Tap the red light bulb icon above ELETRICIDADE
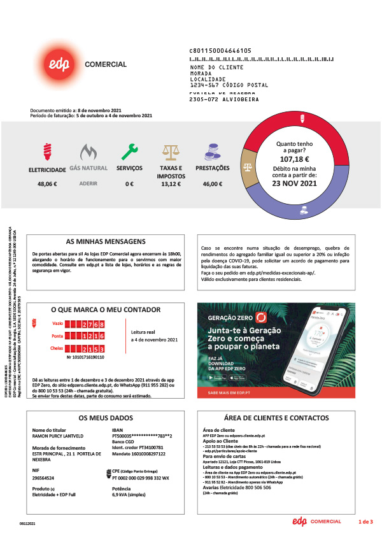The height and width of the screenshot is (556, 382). click(46, 152)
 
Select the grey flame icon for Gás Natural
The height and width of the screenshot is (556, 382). click(88, 152)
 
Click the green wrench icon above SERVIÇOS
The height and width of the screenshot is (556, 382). click(129, 151)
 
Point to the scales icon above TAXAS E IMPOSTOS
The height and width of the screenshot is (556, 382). click(171, 152)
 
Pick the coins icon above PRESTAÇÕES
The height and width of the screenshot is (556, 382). click(212, 152)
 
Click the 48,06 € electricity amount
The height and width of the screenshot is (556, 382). click(47, 184)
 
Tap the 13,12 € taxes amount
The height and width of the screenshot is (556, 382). click(171, 184)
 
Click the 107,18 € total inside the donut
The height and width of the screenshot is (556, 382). click(294, 159)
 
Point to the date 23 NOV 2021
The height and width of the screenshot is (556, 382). click(294, 183)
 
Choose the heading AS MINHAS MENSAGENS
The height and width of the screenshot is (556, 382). click(106, 242)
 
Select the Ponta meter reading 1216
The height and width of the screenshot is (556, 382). click(92, 336)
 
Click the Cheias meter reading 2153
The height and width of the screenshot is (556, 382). click(92, 348)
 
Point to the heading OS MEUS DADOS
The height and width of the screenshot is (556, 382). click(106, 418)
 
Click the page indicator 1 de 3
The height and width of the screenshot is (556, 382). click(365, 522)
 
